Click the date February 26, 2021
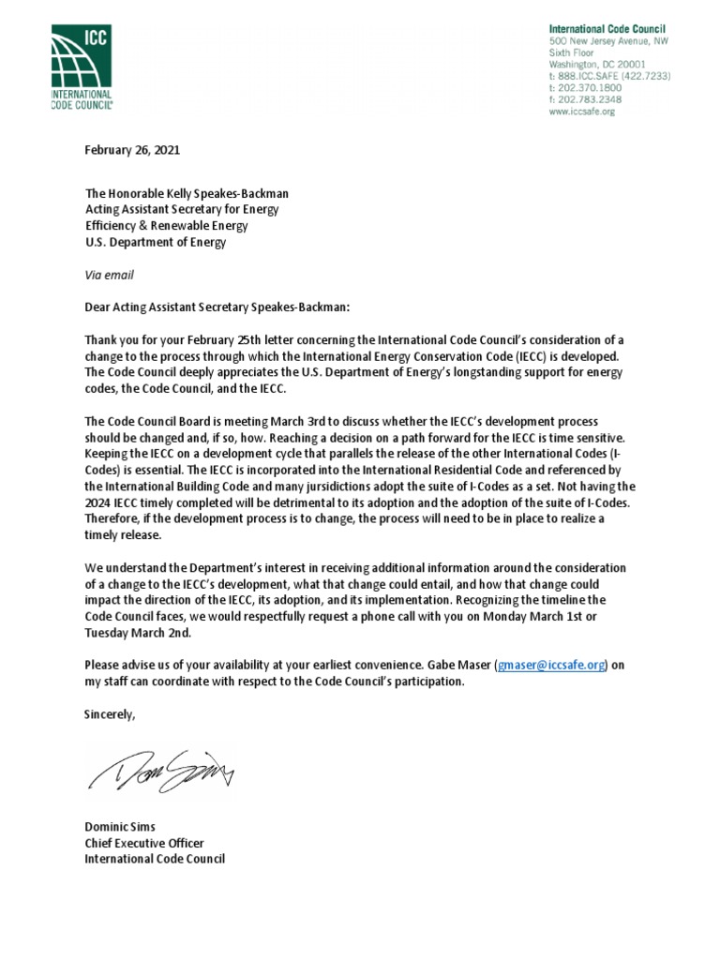coord(132,150)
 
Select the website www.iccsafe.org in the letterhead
coord(581,112)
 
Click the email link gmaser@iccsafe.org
coord(552,665)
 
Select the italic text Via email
coord(109,276)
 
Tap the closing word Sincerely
coord(110,714)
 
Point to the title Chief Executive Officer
coord(143,842)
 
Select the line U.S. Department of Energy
coord(156,243)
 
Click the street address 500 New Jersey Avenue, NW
coord(607,41)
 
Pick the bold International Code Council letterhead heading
coord(607,29)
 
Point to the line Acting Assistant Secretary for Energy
coord(182,210)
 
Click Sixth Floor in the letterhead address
coord(569,52)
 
